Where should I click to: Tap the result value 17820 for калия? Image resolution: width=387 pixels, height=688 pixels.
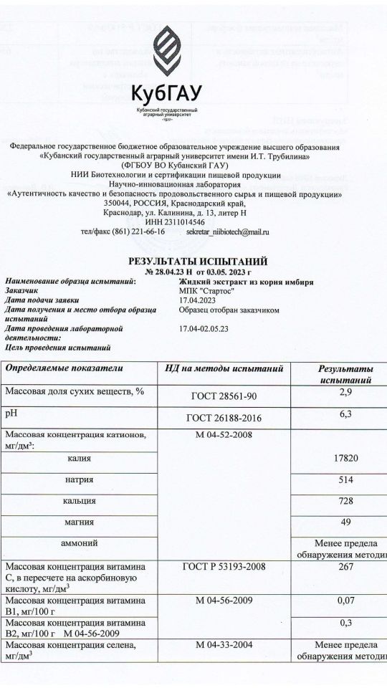click(x=345, y=458)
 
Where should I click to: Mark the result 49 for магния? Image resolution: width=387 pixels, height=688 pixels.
click(x=345, y=522)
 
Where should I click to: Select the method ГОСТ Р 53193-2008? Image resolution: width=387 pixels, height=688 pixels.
click(x=224, y=567)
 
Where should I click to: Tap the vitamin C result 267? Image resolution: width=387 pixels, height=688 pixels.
click(x=345, y=567)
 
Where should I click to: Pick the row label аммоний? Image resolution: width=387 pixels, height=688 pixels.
click(x=80, y=543)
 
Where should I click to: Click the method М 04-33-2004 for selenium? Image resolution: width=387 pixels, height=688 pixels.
click(x=224, y=647)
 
